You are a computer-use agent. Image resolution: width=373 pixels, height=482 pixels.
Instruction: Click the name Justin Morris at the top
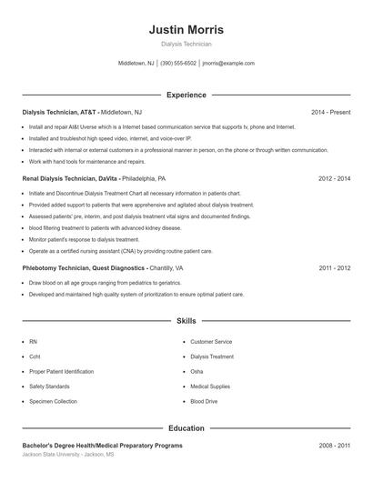pyautogui.click(x=186, y=30)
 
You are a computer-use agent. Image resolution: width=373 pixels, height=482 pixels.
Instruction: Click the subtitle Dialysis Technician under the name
pyautogui.click(x=186, y=44)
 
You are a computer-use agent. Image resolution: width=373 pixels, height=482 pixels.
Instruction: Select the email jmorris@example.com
pyautogui.click(x=228, y=64)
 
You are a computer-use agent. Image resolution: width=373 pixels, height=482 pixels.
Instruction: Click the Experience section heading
pyautogui.click(x=186, y=95)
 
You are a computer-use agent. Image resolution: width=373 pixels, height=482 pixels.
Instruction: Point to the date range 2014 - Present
pyautogui.click(x=330, y=112)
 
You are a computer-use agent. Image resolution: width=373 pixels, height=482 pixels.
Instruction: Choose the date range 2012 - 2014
pyautogui.click(x=334, y=179)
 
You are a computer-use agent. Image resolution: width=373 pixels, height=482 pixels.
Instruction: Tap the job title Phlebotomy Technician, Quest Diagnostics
pyautogui.click(x=83, y=268)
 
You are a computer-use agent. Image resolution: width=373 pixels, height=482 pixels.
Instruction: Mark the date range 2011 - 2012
pyautogui.click(x=334, y=268)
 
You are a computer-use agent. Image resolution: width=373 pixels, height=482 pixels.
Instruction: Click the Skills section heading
pyautogui.click(x=186, y=321)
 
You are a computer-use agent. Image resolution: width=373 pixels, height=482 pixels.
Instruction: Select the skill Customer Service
pyautogui.click(x=211, y=342)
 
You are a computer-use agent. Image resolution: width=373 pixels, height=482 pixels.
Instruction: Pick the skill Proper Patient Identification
pyautogui.click(x=61, y=371)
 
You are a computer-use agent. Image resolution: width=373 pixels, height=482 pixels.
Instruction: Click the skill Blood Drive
pyautogui.click(x=204, y=401)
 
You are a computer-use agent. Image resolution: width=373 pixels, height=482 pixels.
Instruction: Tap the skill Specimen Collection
pyautogui.click(x=53, y=401)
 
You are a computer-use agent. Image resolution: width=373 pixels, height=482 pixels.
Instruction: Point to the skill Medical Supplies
pyautogui.click(x=210, y=387)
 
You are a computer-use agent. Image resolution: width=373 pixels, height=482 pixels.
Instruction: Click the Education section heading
pyautogui.click(x=186, y=427)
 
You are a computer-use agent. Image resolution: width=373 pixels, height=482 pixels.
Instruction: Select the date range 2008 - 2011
pyautogui.click(x=334, y=446)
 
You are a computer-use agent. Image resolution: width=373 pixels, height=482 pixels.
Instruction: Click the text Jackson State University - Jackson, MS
pyautogui.click(x=70, y=454)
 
